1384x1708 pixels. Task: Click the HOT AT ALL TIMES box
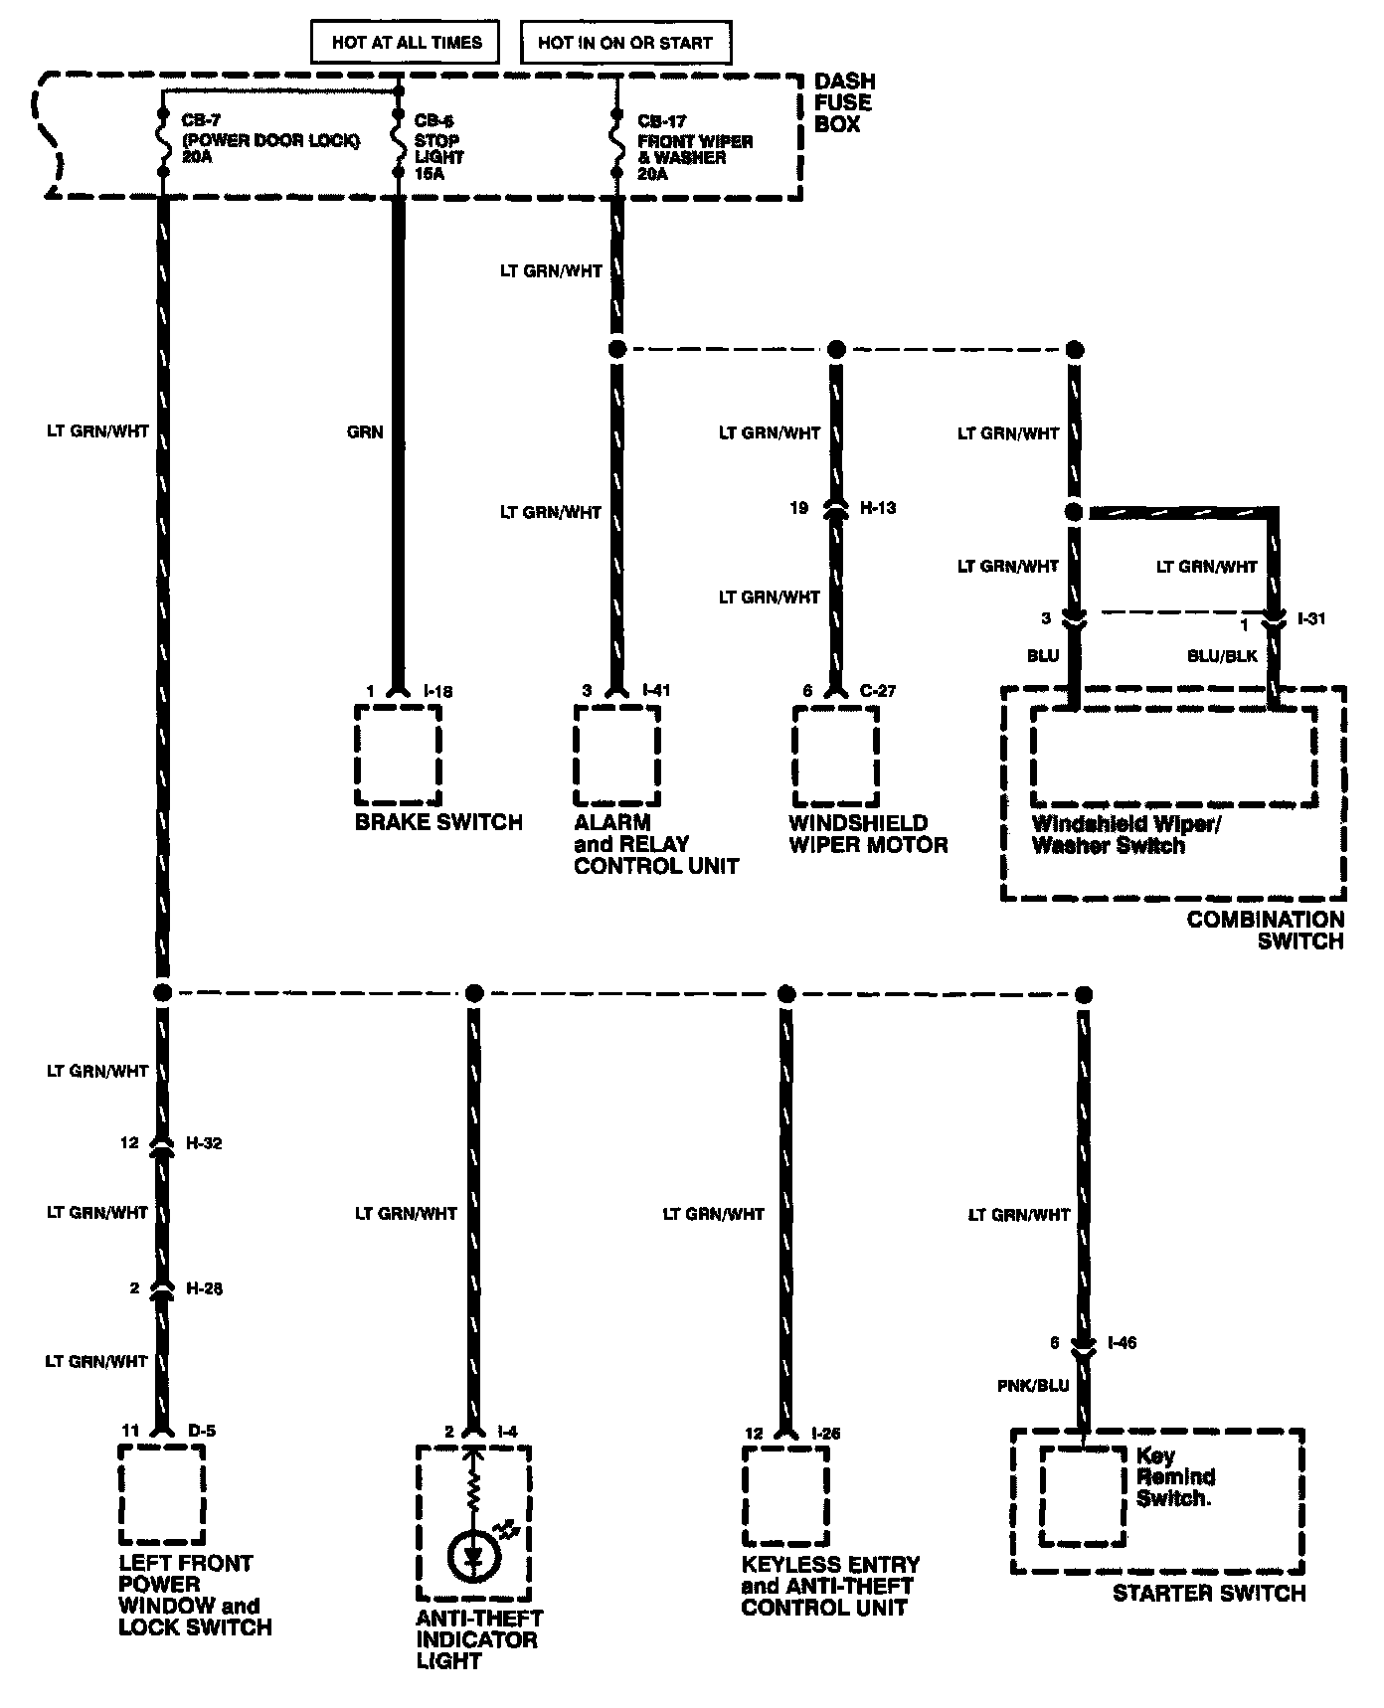tap(406, 43)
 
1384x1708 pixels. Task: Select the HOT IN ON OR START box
tap(625, 43)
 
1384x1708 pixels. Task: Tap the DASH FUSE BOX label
tap(844, 102)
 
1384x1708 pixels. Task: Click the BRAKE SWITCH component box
tap(398, 755)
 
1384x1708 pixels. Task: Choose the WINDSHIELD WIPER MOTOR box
tap(835, 755)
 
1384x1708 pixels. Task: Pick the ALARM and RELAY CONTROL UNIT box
tap(616, 755)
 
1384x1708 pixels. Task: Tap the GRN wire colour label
tap(365, 431)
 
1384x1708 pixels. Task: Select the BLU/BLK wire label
tap(1221, 656)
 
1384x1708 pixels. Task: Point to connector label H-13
tap(878, 508)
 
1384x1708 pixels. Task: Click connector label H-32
tap(204, 1143)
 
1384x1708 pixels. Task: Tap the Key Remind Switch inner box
tap(1084, 1496)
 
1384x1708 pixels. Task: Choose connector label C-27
tap(877, 691)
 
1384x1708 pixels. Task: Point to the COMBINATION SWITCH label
tap(1265, 930)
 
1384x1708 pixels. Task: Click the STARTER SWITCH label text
tap(1208, 1594)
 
